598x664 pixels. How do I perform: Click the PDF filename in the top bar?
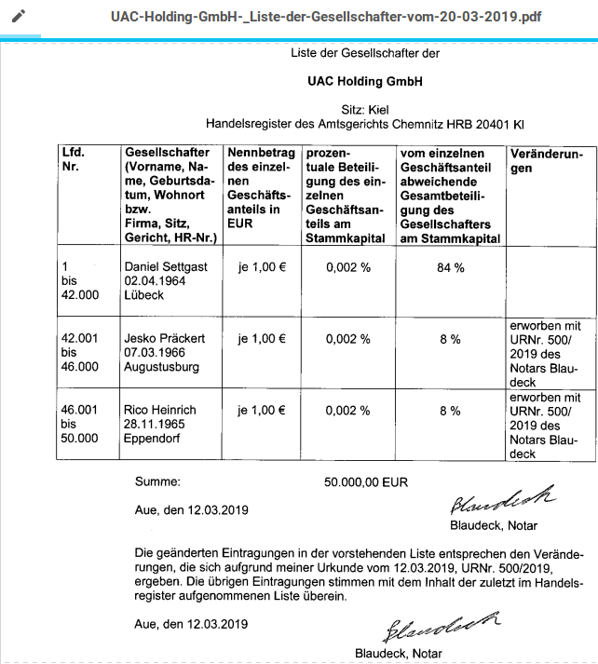[x=325, y=17]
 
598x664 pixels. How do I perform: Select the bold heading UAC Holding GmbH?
[x=364, y=81]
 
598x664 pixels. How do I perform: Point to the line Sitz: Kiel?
[x=364, y=108]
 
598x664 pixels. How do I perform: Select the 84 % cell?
[x=450, y=267]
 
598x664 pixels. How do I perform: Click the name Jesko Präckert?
[x=165, y=338]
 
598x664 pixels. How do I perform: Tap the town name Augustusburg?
[x=162, y=367]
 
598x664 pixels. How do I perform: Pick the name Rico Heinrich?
[x=160, y=410]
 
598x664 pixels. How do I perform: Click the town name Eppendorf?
[x=153, y=438]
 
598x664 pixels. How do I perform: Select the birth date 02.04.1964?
[x=156, y=280]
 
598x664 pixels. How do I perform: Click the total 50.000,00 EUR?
[x=366, y=483]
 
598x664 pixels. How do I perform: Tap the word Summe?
[x=157, y=483]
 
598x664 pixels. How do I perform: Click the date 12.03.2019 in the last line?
[x=218, y=623]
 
